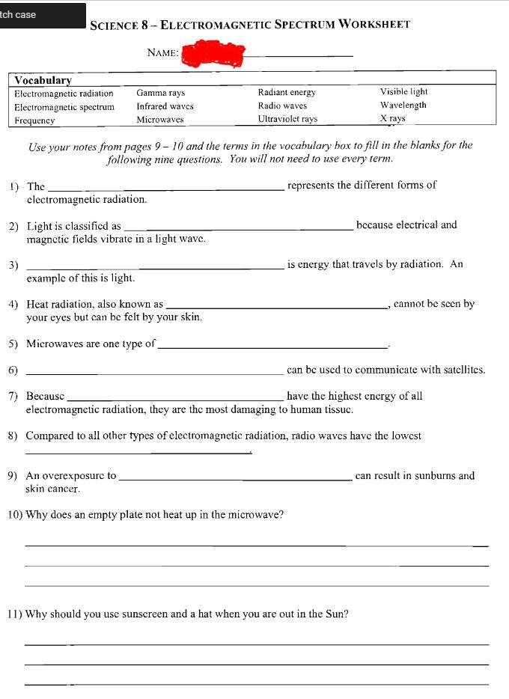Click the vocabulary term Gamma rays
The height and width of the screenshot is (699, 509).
pyautogui.click(x=160, y=94)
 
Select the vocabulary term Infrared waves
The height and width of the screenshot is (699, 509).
pyautogui.click(x=165, y=107)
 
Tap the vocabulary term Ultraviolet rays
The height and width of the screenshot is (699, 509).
pyautogui.click(x=287, y=119)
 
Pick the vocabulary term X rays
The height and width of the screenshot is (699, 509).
pyautogui.click(x=392, y=119)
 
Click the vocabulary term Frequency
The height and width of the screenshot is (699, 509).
pyautogui.click(x=34, y=120)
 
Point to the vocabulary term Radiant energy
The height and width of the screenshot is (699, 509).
pyautogui.click(x=287, y=93)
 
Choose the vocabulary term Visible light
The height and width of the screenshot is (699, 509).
pyautogui.click(x=403, y=92)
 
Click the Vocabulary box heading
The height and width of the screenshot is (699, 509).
pyautogui.click(x=43, y=80)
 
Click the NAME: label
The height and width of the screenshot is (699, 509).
pyautogui.click(x=163, y=53)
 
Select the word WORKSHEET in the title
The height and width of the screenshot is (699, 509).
pyautogui.click(x=374, y=24)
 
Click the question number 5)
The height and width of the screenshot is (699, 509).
pyautogui.click(x=13, y=344)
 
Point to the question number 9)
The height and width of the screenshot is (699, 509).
pyautogui.click(x=13, y=476)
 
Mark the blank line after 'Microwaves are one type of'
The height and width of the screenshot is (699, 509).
pyautogui.click(x=272, y=347)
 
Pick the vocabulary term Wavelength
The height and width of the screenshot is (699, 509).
pyautogui.click(x=403, y=106)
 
